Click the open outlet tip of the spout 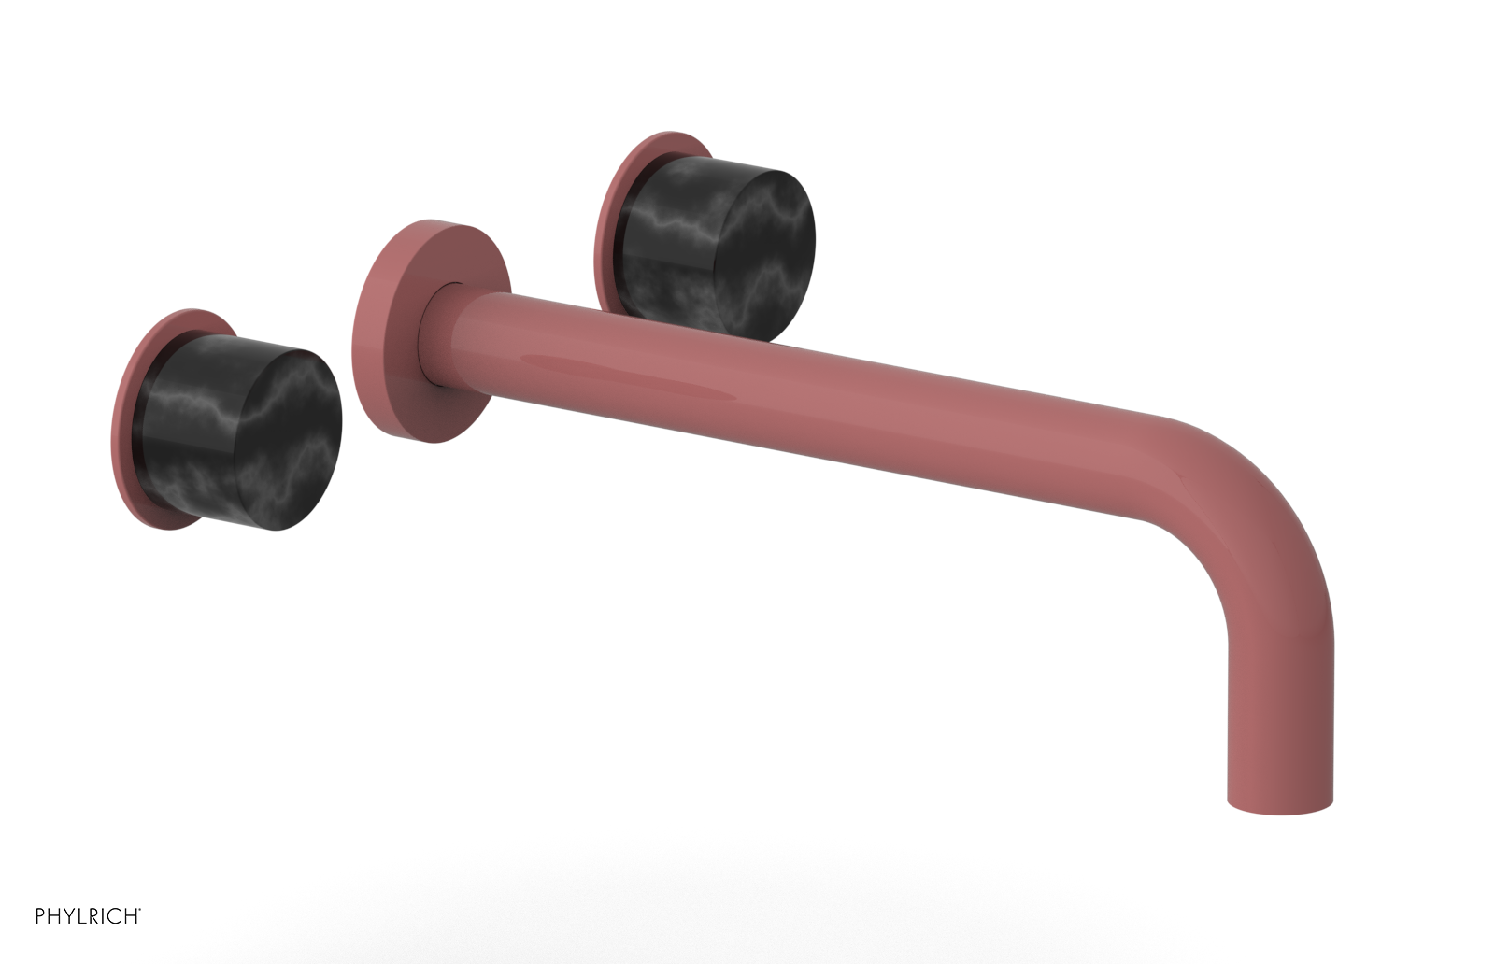(x=1279, y=805)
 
